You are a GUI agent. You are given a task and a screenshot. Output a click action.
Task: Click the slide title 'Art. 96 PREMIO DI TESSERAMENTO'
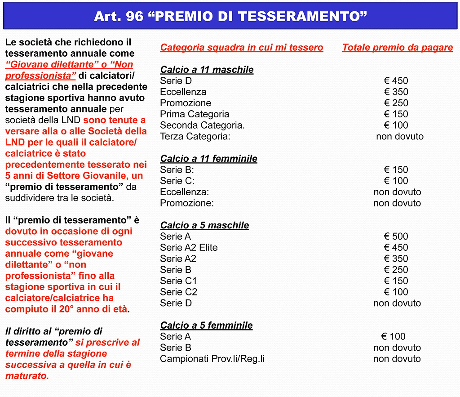pyautogui.click(x=230, y=16)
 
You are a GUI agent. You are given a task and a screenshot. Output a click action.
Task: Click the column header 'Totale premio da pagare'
pyautogui.click(x=397, y=48)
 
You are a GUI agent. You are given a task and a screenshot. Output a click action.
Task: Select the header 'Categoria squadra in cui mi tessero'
pyautogui.click(x=241, y=48)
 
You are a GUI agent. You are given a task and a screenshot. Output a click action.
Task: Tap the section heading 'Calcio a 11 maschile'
pyautogui.click(x=207, y=70)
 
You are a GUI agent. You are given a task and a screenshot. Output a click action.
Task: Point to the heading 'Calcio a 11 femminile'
pyautogui.click(x=208, y=159)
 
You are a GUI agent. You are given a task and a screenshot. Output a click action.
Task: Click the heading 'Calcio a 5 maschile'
pyautogui.click(x=204, y=225)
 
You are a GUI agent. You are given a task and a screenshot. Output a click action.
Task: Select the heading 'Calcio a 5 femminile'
pyautogui.click(x=206, y=326)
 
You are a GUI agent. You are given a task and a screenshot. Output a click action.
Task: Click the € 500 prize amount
pyautogui.click(x=396, y=236)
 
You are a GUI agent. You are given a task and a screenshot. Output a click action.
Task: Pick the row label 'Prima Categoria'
pyautogui.click(x=195, y=114)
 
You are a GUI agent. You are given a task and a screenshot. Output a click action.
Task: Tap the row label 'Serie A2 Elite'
pyautogui.click(x=189, y=248)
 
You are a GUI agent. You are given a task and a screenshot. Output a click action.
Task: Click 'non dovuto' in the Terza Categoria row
pyautogui.click(x=399, y=137)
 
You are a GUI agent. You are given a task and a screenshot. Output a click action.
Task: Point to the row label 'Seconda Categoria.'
pyautogui.click(x=202, y=125)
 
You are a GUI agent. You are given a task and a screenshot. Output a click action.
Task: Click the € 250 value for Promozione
pyautogui.click(x=396, y=103)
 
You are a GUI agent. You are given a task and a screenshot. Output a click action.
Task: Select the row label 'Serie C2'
pyautogui.click(x=178, y=292)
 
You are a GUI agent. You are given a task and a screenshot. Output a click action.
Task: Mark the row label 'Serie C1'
pyautogui.click(x=178, y=281)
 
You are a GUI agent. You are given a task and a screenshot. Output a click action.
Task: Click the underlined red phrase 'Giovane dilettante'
pyautogui.click(x=44, y=65)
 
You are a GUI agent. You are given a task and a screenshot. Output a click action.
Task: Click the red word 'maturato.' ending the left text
pyautogui.click(x=27, y=376)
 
